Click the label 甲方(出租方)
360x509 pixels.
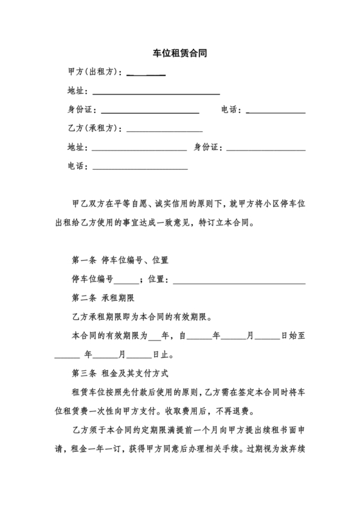coord(93,72)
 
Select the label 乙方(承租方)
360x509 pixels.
coord(93,128)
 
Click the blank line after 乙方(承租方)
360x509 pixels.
coord(165,129)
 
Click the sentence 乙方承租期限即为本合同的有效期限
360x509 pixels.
coord(146,317)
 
